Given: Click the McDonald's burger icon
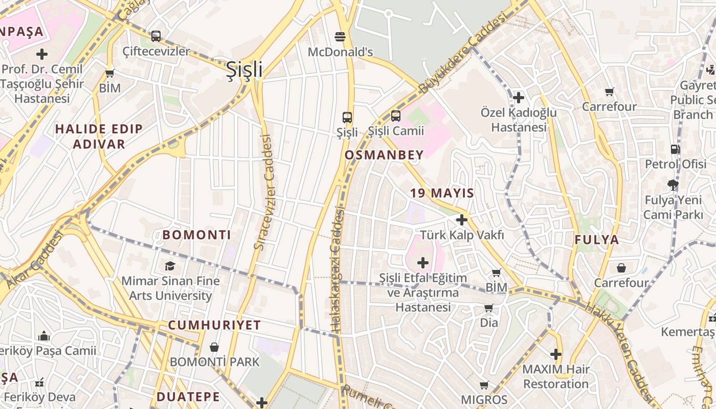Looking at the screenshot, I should (340, 36).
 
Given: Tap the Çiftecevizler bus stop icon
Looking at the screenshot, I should (156, 36).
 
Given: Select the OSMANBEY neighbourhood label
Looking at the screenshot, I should (384, 155).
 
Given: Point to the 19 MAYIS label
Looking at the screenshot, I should (442, 193).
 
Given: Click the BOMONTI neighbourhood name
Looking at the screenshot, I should (197, 235).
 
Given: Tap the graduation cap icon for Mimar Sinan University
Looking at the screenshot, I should (170, 266).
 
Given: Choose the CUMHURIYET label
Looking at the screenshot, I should (214, 325).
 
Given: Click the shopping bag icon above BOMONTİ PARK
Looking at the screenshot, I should (214, 348).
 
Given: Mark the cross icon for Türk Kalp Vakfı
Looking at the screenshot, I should (462, 220).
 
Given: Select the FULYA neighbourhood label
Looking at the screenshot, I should (596, 240).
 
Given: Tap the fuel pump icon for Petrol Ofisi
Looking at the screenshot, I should (676, 149).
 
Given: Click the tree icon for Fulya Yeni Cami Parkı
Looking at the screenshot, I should (673, 185).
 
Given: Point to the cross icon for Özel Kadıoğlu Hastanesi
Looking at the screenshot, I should (519, 97).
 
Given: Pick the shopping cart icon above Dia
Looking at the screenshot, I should (489, 308).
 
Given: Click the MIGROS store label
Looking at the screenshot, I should (484, 400).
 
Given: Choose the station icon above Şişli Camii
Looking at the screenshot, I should (396, 116).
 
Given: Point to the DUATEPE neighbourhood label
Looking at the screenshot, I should (188, 397).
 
